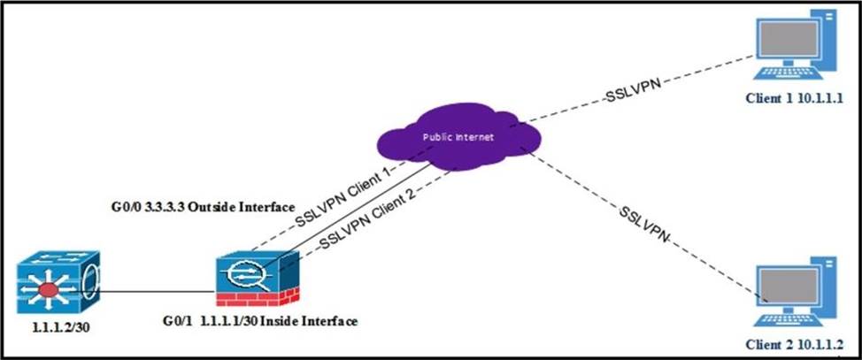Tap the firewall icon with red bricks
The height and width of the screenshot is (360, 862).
258,278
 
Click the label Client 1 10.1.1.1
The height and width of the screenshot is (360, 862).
795,98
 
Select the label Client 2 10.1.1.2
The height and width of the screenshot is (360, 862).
795,345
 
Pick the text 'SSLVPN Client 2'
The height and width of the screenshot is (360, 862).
366,218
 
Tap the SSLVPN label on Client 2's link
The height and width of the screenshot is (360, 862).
645,224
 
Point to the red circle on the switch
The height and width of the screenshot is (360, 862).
48,289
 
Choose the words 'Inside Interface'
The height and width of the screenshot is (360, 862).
309,320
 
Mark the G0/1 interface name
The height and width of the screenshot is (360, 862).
177,320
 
